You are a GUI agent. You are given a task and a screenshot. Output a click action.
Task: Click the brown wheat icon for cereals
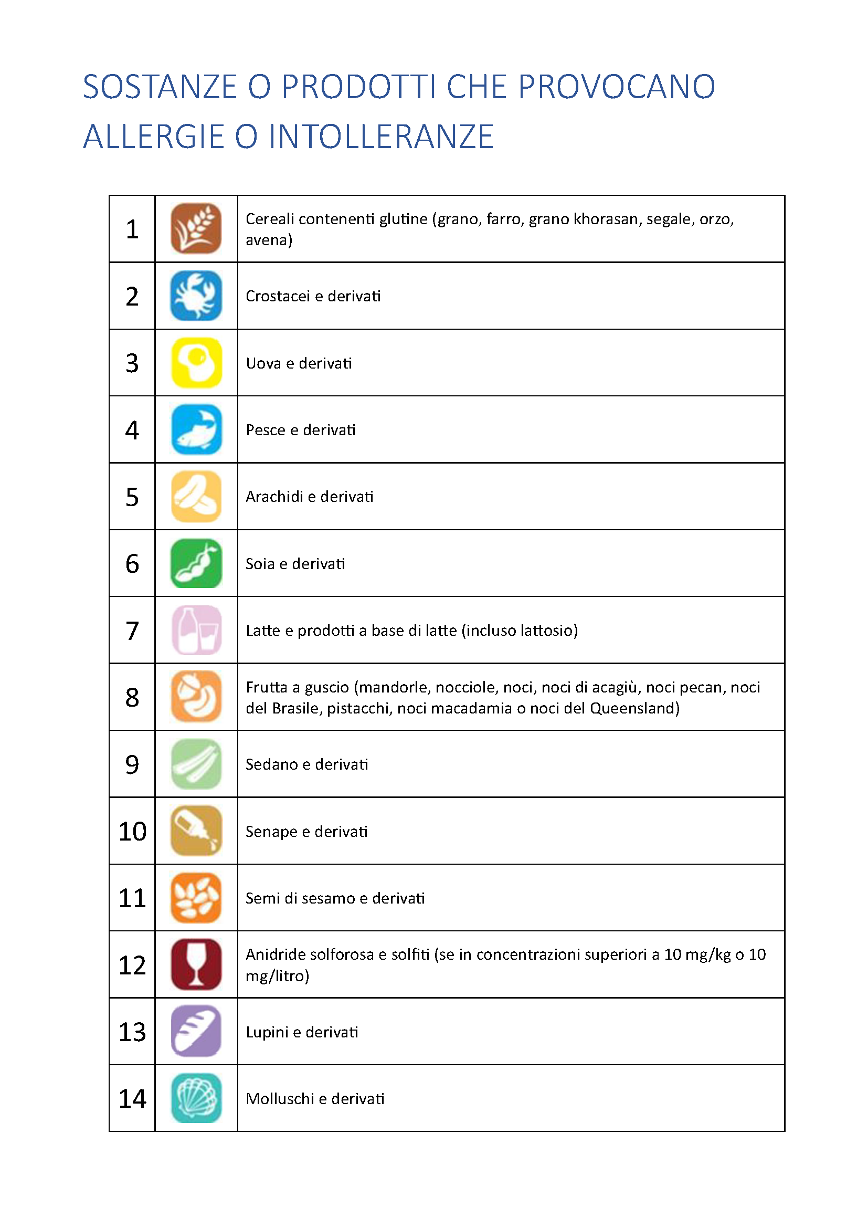click(x=196, y=228)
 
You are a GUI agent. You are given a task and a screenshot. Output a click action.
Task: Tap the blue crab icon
click(x=196, y=296)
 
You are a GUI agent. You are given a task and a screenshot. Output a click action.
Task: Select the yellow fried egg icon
click(x=196, y=363)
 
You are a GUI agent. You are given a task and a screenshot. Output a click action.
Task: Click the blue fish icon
click(x=196, y=429)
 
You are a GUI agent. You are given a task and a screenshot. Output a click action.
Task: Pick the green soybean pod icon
click(x=196, y=563)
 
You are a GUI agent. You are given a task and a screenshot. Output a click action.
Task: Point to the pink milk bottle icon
click(x=196, y=630)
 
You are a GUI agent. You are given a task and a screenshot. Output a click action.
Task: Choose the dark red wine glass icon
click(x=196, y=964)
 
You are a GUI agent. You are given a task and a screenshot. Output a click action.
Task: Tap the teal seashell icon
click(x=196, y=1098)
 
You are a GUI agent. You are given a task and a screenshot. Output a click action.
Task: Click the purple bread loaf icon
click(x=196, y=1031)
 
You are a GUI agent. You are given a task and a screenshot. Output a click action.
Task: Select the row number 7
click(x=132, y=631)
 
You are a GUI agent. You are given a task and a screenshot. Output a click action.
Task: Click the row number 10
click(x=132, y=831)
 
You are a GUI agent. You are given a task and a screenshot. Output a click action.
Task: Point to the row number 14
click(x=132, y=1098)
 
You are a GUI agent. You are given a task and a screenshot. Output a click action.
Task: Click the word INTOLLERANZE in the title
click(x=380, y=137)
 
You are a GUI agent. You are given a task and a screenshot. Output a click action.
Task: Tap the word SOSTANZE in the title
click(x=160, y=87)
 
